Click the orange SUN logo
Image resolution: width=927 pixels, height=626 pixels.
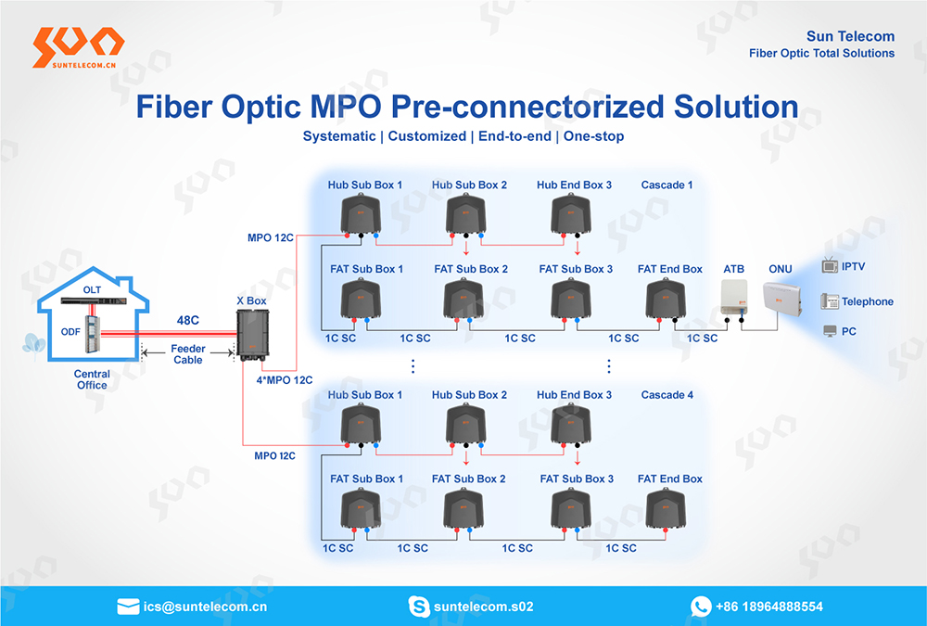coord(79,47)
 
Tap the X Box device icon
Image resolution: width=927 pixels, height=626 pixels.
coord(252,334)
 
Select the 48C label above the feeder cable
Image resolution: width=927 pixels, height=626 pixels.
coord(188,320)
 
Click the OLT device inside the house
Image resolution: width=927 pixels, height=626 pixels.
coord(94,300)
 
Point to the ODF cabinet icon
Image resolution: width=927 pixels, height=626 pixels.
coord(92,334)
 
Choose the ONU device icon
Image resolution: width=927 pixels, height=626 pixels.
coord(782,297)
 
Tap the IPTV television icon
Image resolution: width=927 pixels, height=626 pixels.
coord(830,265)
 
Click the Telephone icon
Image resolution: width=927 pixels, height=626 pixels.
coord(830,301)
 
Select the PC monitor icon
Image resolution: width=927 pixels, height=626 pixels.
coord(830,331)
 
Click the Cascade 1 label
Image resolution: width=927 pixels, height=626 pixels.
coord(667,185)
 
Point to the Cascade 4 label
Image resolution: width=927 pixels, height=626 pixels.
coord(667,395)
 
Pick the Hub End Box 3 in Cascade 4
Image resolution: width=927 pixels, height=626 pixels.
coord(571,424)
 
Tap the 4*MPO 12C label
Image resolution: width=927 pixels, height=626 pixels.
coord(285,380)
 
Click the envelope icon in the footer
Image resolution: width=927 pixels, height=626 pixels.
coord(128,607)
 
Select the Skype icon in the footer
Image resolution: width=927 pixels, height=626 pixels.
coord(419,607)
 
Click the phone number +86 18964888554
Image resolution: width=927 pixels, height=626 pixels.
coord(769,607)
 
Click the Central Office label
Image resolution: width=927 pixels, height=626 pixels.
coord(92,379)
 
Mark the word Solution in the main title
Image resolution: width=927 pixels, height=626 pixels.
coord(736,107)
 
